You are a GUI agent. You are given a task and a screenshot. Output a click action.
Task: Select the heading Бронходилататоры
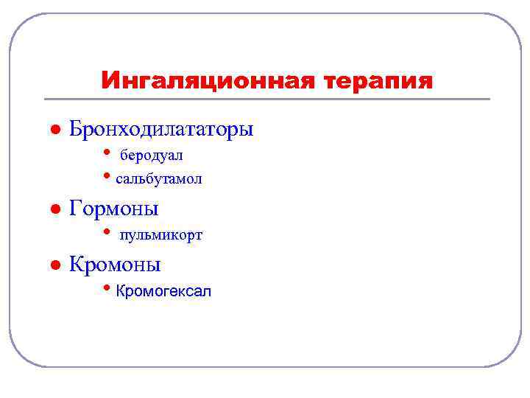161,129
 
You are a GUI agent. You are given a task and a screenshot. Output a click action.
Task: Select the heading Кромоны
115,264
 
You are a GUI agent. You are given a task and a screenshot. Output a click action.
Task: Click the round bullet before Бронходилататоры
54,129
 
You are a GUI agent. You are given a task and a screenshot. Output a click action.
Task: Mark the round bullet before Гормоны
54,209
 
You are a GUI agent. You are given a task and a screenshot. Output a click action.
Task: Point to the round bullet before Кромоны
54,265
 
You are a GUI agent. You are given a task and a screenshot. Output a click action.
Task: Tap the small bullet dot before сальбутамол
107,177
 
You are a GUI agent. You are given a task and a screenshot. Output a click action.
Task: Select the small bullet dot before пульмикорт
107,233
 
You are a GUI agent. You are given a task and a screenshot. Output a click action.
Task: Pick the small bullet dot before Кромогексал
107,289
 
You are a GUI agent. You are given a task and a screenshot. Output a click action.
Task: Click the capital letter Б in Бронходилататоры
76,129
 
